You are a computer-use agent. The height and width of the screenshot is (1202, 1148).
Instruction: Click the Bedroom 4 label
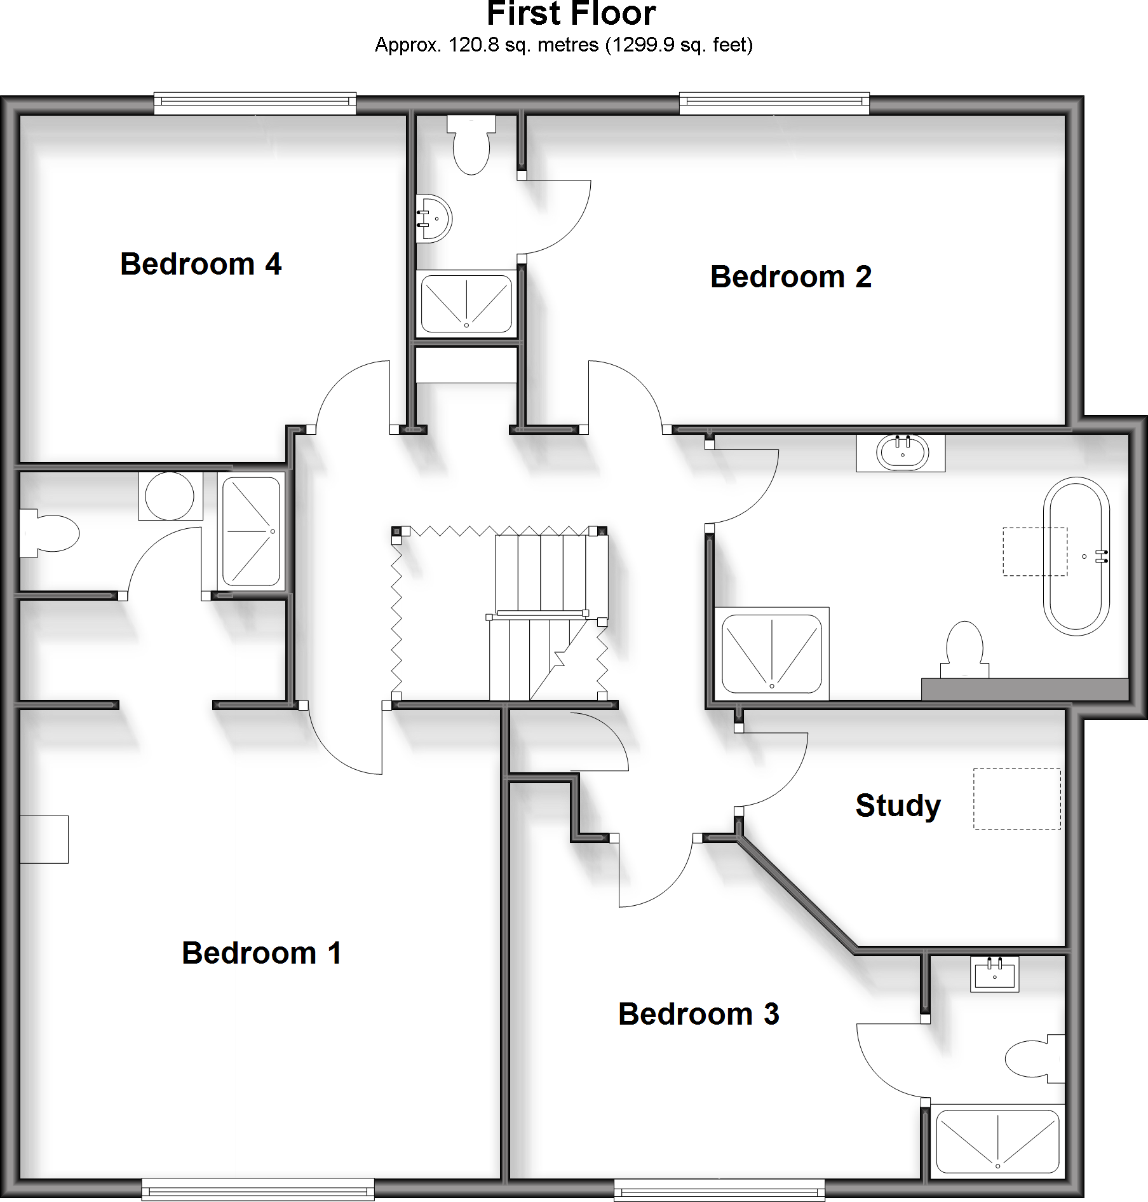pos(201,264)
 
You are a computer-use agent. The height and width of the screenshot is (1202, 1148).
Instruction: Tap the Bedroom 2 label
pos(790,277)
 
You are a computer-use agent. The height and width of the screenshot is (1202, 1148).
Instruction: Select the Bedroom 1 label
pos(262,953)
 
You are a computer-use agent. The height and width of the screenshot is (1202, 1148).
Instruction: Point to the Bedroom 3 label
pos(698,1014)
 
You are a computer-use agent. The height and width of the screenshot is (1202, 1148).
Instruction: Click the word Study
pos(898,806)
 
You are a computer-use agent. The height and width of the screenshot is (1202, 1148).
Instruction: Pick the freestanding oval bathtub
pos(1076,557)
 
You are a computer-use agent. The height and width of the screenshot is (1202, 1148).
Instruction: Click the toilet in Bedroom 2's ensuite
pos(471,146)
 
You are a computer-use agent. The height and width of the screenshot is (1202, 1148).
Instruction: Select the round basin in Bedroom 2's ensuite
pos(434,219)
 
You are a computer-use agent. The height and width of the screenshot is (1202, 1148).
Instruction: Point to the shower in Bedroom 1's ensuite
pos(251,531)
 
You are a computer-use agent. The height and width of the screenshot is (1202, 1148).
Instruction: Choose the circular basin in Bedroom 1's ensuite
pos(170,496)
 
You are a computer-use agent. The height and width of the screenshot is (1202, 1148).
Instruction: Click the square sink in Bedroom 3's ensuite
pos(994,974)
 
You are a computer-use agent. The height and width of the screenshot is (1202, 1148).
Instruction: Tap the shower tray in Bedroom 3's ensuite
pos(997,1141)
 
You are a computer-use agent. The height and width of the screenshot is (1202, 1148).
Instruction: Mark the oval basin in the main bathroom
pos(902,453)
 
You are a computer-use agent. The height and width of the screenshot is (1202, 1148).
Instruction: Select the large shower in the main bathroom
pos(772,653)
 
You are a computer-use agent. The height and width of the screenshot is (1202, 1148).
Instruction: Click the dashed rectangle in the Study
pos(1016,798)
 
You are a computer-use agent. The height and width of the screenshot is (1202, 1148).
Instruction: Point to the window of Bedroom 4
pos(255,104)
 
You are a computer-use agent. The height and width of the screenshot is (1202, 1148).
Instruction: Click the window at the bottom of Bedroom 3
pos(719,1189)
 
